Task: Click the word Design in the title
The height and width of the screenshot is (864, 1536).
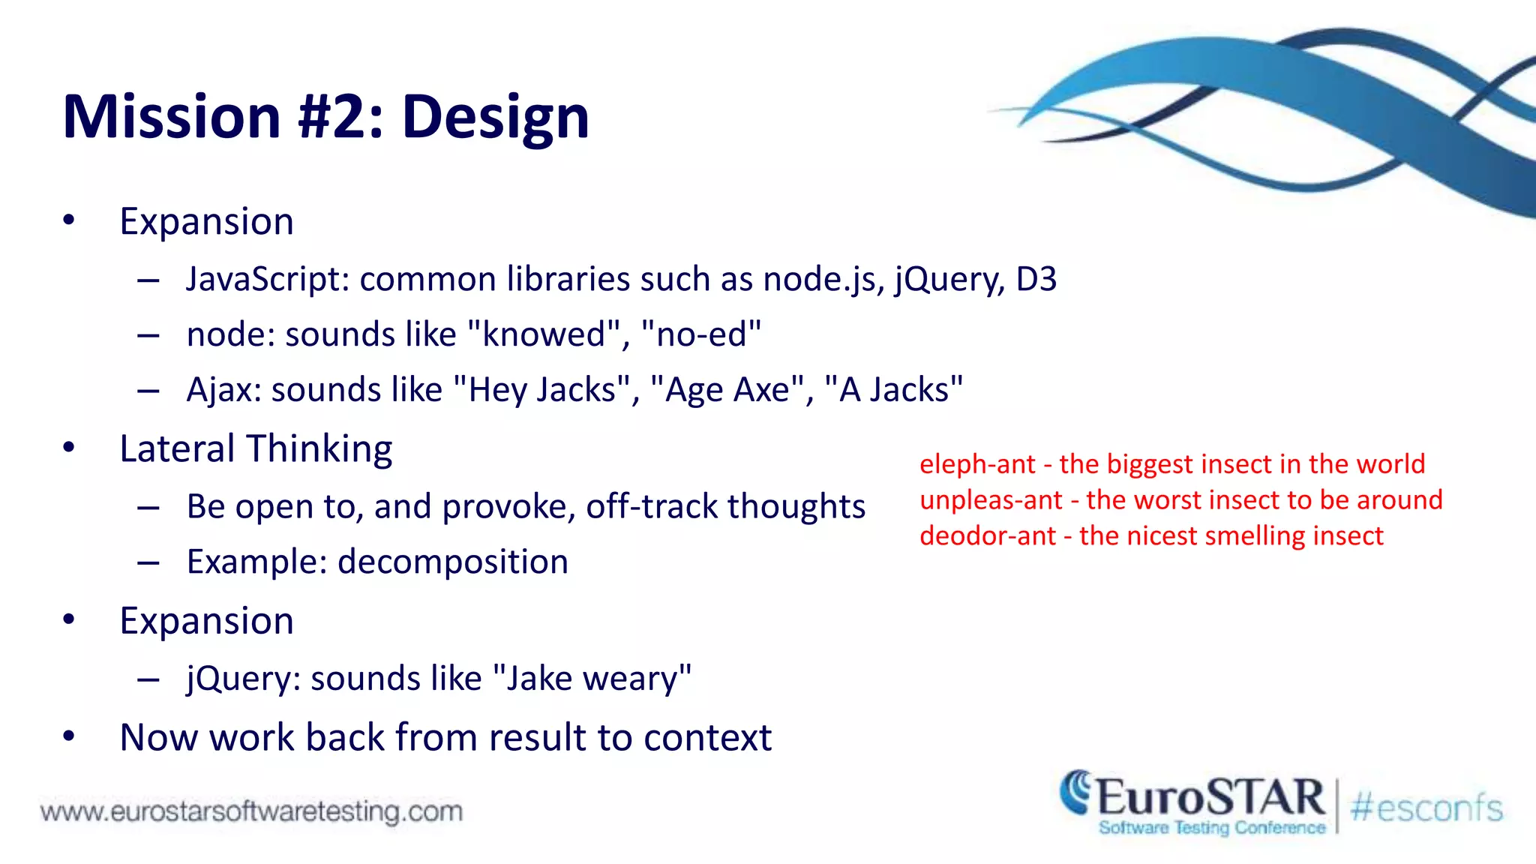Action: point(495,118)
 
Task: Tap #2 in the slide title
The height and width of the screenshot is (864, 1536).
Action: point(341,118)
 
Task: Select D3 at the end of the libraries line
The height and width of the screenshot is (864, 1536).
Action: point(1036,280)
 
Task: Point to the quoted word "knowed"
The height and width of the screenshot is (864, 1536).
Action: point(544,334)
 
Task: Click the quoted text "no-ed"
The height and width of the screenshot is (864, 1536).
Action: point(701,334)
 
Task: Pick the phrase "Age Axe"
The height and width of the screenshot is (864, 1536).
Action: point(727,390)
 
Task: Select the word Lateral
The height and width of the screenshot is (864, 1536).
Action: point(178,449)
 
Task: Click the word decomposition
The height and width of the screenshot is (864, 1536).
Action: point(453,562)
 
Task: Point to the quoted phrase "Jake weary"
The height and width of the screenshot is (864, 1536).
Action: point(592,679)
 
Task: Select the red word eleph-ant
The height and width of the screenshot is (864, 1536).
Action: point(977,464)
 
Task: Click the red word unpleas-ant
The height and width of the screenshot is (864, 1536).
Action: point(991,500)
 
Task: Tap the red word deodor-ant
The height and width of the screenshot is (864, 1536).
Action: point(987,536)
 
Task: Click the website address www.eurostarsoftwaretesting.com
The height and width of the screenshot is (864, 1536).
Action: point(251,811)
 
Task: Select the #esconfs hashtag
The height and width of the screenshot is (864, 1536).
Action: point(1426,808)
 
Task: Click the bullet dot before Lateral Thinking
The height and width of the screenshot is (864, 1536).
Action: point(69,448)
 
